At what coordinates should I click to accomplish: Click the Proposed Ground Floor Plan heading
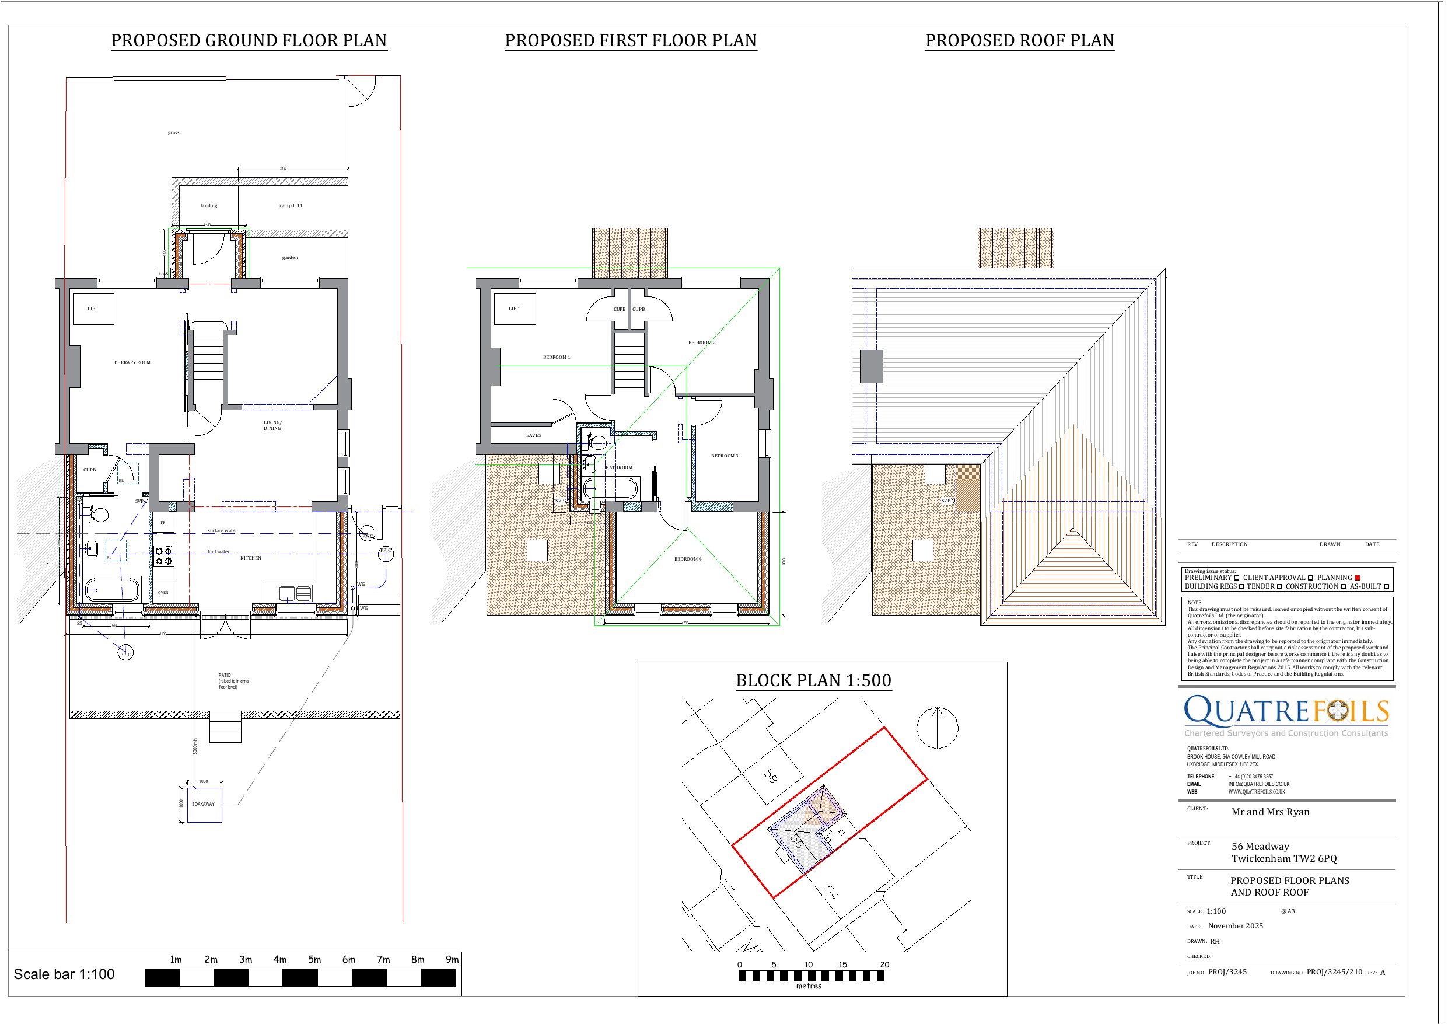pos(249,40)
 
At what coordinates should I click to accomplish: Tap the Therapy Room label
pos(132,363)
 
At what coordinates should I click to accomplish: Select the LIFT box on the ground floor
pos(93,309)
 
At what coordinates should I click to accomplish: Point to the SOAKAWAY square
pos(204,805)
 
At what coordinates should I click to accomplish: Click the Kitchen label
pos(250,558)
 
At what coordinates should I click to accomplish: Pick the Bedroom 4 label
pos(687,559)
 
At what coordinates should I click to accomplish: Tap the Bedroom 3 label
pos(725,456)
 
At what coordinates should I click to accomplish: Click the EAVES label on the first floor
pos(534,435)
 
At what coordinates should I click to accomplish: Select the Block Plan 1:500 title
pos(814,681)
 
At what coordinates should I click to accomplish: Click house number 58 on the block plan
pos(770,775)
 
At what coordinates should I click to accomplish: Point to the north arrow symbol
pos(937,728)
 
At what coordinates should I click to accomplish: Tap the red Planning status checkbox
pos(1357,578)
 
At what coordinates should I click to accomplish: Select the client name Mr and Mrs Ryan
pos(1270,812)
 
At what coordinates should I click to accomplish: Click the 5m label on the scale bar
pos(314,960)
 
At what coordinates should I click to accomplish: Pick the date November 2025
pos(1236,926)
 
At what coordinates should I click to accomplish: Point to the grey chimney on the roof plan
pos(872,366)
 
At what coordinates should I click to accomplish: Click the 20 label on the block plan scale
pos(884,964)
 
